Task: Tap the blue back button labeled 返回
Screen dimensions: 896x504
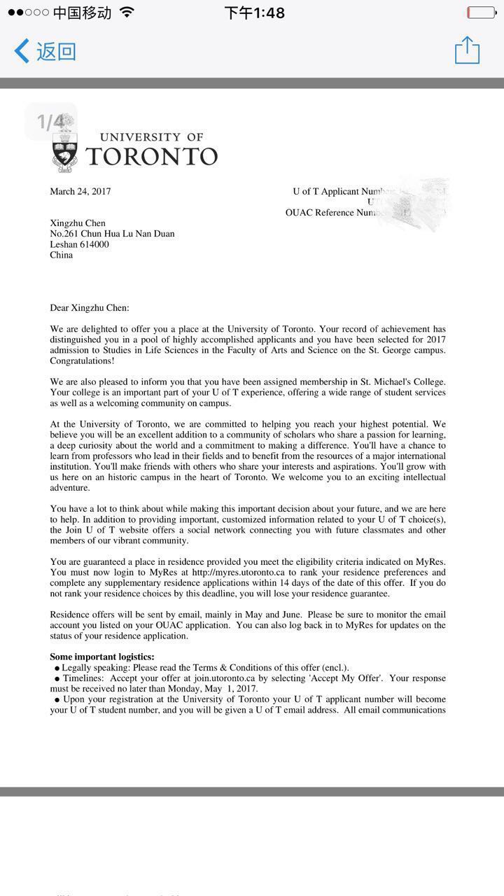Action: (45, 51)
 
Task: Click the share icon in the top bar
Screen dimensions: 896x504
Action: (467, 50)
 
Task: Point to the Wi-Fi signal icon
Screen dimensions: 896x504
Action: (127, 13)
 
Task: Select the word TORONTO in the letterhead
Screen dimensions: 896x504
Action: (152, 156)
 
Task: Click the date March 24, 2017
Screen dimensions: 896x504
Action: (80, 191)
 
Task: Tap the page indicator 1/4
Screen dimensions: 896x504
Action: (50, 122)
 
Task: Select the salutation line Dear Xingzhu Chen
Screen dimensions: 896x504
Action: (90, 307)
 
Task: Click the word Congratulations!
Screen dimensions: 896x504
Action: (82, 360)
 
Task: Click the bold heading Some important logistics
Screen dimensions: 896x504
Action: (102, 657)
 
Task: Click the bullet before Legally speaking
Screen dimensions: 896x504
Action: (57, 668)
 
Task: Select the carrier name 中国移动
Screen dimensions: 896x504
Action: (82, 13)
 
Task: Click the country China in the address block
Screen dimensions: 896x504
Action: (61, 255)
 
